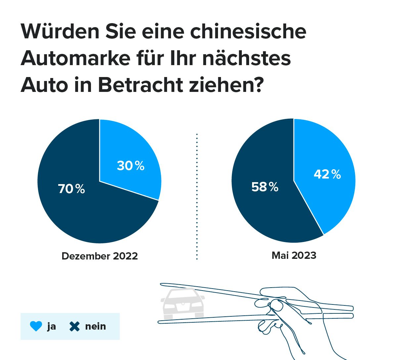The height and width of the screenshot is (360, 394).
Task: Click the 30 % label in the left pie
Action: (130, 166)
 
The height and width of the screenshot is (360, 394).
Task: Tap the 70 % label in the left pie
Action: (71, 189)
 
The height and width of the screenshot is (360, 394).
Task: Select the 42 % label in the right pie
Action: (327, 174)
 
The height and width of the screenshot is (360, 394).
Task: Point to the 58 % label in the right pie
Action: (265, 187)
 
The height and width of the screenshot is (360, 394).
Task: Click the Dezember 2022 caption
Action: (100, 256)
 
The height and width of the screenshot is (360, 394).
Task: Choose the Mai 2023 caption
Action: (294, 256)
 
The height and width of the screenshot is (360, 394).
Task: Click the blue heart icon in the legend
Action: (36, 326)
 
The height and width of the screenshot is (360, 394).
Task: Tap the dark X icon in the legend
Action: (75, 326)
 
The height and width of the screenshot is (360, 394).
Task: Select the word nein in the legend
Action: (96, 326)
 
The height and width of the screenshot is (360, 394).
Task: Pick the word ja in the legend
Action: (52, 327)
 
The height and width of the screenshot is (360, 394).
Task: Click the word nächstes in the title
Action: (246, 58)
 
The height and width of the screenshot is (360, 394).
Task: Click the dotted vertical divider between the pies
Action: (197, 197)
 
